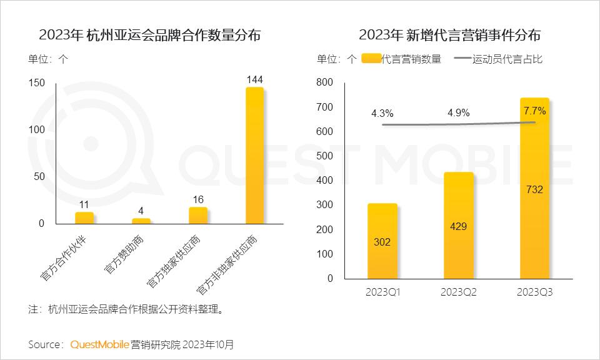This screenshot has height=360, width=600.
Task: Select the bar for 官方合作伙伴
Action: tap(84, 217)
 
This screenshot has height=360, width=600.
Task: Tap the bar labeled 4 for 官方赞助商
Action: tap(141, 221)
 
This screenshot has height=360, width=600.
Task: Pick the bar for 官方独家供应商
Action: tap(198, 215)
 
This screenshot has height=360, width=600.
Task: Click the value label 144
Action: tap(254, 79)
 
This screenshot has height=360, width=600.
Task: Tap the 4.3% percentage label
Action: tap(382, 114)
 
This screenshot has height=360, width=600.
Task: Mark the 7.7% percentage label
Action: tap(534, 111)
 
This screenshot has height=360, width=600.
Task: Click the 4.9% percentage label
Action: tap(458, 113)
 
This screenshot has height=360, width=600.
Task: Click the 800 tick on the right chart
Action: tap(325, 82)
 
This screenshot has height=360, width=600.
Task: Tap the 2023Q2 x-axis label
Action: tap(458, 292)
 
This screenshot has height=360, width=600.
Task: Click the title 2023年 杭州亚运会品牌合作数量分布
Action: tap(150, 35)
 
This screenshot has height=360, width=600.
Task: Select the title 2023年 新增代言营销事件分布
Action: tap(450, 35)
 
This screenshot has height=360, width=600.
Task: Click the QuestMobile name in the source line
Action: tap(99, 344)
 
